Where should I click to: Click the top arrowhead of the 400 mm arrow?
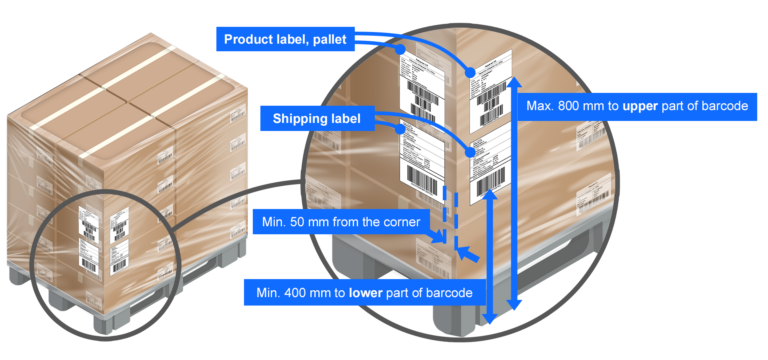pos(490,197)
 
